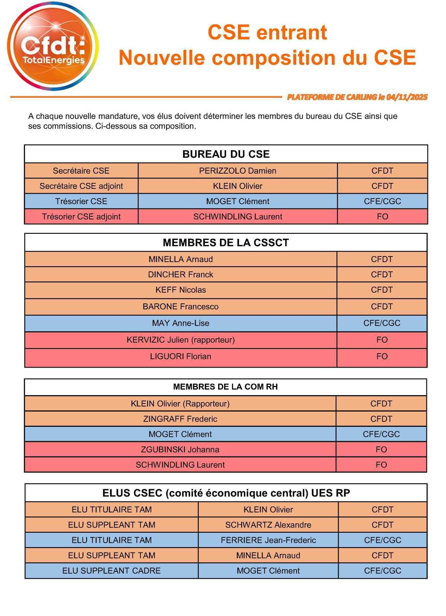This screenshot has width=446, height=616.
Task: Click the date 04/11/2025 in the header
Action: pyautogui.click(x=407, y=97)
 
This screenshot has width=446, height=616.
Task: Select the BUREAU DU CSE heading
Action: pyautogui.click(x=226, y=154)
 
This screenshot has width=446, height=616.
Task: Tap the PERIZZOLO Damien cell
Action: pyautogui.click(x=237, y=171)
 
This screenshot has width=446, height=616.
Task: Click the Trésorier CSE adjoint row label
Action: pyautogui.click(x=81, y=216)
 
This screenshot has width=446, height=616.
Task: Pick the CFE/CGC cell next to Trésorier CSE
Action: pyautogui.click(x=382, y=201)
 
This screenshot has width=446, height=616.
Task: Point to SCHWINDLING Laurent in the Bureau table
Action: pyautogui.click(x=237, y=216)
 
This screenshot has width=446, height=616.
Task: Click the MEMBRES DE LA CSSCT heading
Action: pyautogui.click(x=226, y=242)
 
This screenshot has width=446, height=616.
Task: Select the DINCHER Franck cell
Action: pyautogui.click(x=181, y=274)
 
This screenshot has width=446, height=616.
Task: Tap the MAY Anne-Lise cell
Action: pyautogui.click(x=181, y=323)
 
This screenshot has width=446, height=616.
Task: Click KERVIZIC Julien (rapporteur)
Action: pyautogui.click(x=181, y=339)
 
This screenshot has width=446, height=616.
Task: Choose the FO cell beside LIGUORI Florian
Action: pyautogui.click(x=382, y=356)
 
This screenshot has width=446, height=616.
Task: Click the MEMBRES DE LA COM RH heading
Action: pyautogui.click(x=225, y=387)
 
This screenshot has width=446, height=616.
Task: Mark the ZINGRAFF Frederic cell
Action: pyautogui.click(x=180, y=419)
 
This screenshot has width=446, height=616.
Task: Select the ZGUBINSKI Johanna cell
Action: pyautogui.click(x=180, y=449)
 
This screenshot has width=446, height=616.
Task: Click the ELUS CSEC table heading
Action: pyautogui.click(x=226, y=493)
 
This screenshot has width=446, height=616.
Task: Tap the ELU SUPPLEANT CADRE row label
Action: pyautogui.click(x=111, y=570)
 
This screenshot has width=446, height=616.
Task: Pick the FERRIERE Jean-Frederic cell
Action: pyautogui.click(x=268, y=540)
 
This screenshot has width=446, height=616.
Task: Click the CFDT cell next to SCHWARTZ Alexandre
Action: pyautogui.click(x=382, y=525)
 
